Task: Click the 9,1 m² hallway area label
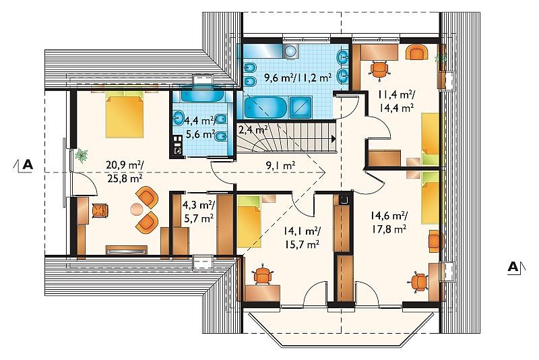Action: pos(281,167)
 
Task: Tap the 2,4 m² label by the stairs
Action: pos(253,130)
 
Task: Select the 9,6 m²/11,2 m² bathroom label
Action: pos(298,78)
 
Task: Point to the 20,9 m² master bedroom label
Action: pos(125,172)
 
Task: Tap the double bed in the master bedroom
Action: pos(125,114)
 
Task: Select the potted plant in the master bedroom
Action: pos(82,155)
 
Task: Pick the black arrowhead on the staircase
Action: pos(333,139)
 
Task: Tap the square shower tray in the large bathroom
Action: pos(300,108)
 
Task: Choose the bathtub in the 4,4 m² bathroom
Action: pos(203,96)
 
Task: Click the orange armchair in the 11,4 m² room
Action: pos(416,53)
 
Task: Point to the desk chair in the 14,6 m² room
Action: pos(418,282)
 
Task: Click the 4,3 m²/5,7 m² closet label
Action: pos(198,212)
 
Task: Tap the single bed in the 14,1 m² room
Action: pos(248,221)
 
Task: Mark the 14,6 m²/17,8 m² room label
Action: pos(389,222)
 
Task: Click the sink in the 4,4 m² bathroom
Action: pos(178,118)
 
